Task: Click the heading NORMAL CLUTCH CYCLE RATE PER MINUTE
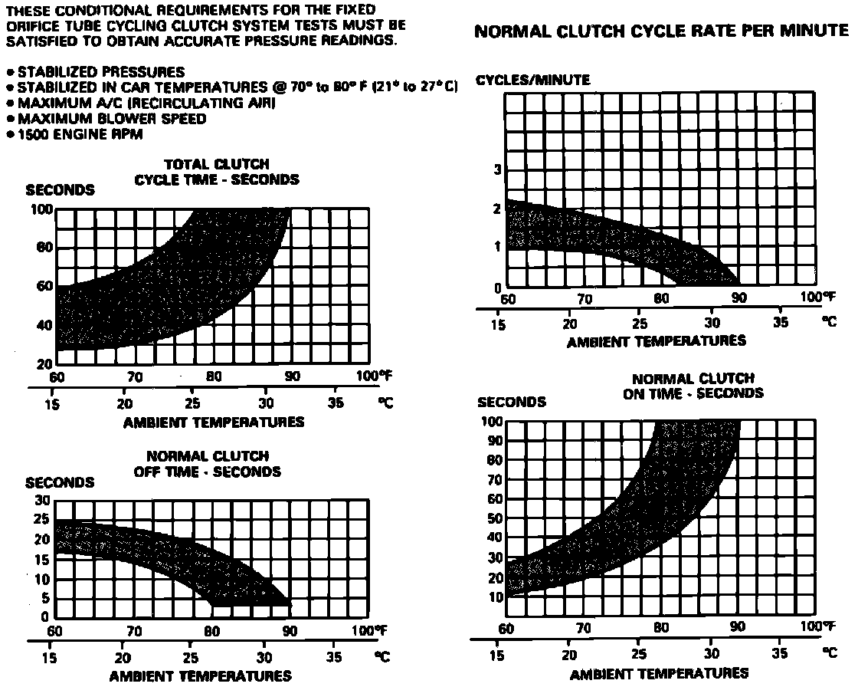click(662, 31)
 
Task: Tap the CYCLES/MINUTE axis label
click(532, 80)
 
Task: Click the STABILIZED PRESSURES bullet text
click(100, 72)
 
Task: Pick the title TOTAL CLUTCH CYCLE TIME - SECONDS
click(217, 172)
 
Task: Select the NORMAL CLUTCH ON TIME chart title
click(694, 386)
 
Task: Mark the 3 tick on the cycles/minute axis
click(498, 169)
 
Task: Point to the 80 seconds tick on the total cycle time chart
click(43, 248)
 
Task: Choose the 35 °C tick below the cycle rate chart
click(780, 322)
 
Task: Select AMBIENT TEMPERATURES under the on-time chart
click(659, 674)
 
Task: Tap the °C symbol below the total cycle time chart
click(387, 403)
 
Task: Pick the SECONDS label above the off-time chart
click(60, 483)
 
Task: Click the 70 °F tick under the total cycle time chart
click(135, 377)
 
